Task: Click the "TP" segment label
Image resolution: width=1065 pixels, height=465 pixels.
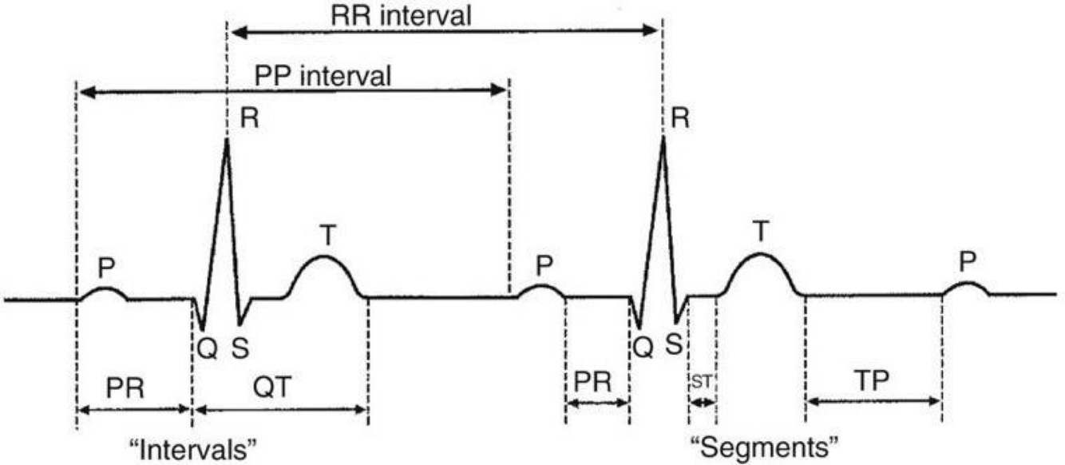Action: [873, 380]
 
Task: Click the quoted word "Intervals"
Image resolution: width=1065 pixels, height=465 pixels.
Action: [194, 446]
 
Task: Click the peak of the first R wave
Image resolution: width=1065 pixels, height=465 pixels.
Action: [227, 140]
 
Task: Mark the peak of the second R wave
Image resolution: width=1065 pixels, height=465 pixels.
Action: [663, 137]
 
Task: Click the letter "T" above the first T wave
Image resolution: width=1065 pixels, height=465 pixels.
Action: [328, 235]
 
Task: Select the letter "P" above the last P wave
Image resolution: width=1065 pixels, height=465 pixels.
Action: [968, 262]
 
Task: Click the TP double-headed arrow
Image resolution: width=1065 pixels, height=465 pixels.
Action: [873, 401]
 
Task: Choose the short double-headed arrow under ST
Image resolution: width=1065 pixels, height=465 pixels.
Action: [702, 401]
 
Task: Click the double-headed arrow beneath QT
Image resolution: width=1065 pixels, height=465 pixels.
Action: [280, 411]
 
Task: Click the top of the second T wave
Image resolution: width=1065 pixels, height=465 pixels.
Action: [761, 254]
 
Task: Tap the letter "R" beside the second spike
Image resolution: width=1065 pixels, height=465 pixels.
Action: [681, 119]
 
